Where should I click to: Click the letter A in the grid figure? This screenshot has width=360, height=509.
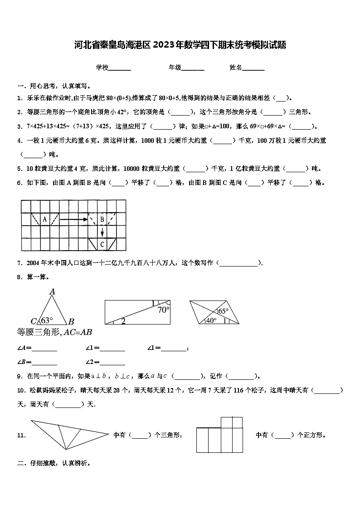[44, 220]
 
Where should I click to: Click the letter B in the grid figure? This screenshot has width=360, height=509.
[102, 220]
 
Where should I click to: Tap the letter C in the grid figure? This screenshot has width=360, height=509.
[102, 245]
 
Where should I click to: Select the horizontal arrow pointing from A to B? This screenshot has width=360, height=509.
[73, 220]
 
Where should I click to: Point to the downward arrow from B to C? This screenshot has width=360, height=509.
[102, 232]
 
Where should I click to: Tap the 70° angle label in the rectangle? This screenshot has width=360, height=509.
[163, 310]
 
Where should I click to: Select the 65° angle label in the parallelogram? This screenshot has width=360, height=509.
[224, 311]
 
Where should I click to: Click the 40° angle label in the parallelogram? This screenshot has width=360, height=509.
[211, 320]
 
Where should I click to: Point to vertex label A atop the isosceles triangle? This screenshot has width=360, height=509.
[52, 291]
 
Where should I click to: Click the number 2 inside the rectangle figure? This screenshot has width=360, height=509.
[123, 321]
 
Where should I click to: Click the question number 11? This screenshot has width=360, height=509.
[21, 436]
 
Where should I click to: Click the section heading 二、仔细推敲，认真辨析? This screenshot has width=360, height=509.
[54, 463]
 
